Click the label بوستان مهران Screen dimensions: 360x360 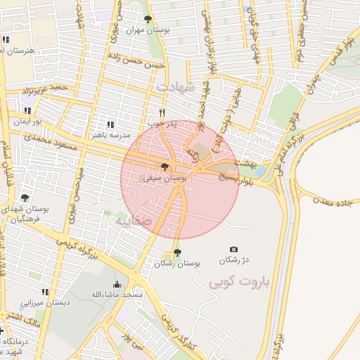click(145, 31)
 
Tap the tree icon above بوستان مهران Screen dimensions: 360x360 click(146, 20)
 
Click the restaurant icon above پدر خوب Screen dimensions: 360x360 click(162, 112)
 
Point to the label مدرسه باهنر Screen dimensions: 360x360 click(108, 134)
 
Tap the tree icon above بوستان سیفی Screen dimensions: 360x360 click(165, 167)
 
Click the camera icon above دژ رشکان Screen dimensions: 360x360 click(233, 249)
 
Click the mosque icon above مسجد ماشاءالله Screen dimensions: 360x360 click(117, 284)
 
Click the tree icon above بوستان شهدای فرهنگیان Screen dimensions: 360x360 click(25, 199)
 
